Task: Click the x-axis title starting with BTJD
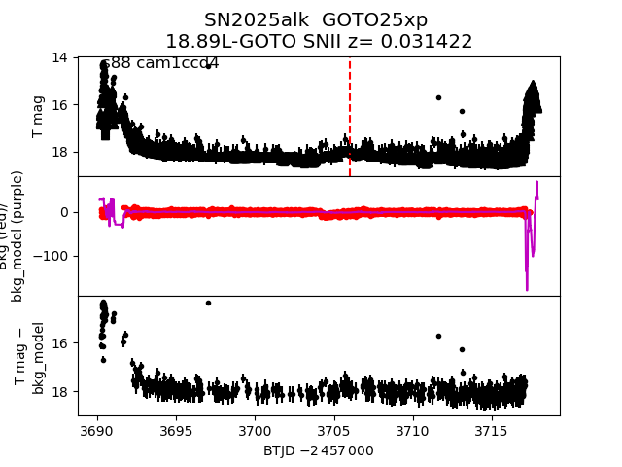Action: point(318,450)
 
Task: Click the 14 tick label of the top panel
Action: point(60,57)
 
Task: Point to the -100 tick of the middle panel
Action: point(53,256)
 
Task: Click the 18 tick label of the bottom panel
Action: point(60,391)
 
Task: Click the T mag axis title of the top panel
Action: point(39,117)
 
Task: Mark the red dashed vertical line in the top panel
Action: point(350,117)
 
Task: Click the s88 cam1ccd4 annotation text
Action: point(160,63)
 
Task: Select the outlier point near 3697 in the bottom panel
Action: point(208,303)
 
